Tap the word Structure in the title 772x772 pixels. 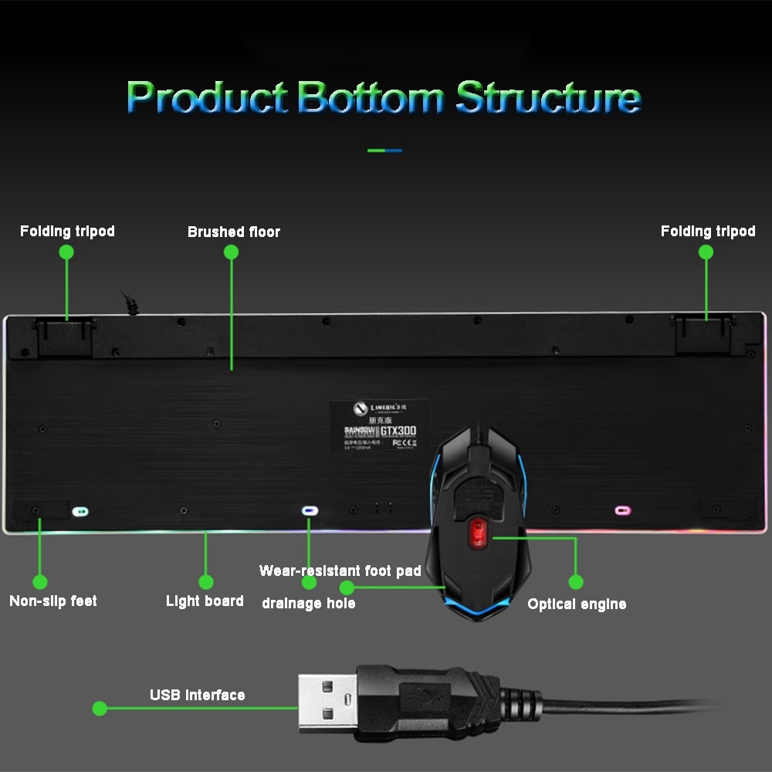[548, 98]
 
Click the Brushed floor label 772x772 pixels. [233, 232]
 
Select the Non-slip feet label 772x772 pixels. [53, 601]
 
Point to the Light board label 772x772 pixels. [205, 601]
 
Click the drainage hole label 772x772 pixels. [308, 603]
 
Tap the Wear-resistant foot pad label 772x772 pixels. [340, 571]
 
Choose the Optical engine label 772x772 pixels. [577, 604]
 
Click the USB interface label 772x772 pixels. [197, 695]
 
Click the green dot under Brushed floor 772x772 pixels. [231, 252]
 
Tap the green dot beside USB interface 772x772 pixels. [100, 708]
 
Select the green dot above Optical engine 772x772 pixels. [575, 582]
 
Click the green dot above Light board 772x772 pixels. [205, 582]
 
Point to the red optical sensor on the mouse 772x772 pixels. [476, 532]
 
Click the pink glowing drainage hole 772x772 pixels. [622, 510]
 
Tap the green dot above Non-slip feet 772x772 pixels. [39, 582]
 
